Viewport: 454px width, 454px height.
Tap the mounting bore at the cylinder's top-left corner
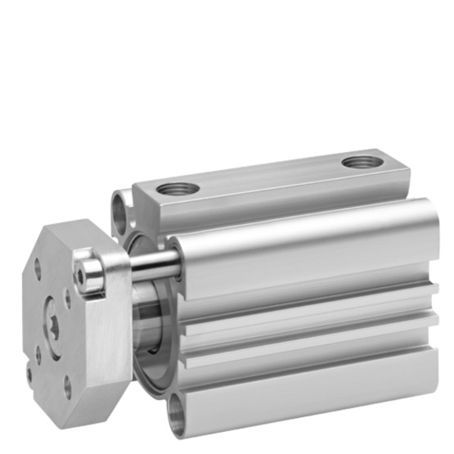click(122, 209)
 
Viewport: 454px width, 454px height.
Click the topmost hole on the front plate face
click(38, 266)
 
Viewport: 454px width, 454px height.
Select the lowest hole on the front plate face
click(67, 381)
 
